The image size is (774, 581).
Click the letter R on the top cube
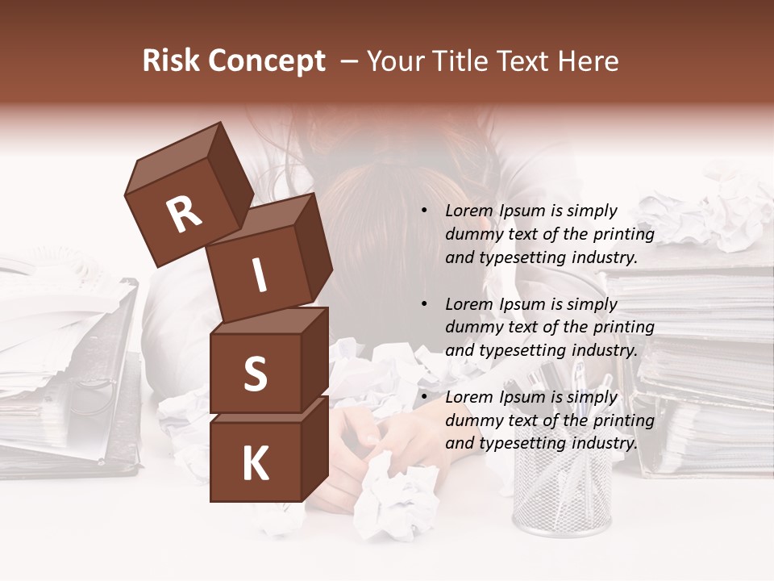(184, 215)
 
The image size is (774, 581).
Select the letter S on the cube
(255, 374)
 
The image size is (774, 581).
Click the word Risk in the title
(171, 61)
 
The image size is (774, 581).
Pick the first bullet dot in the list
(424, 211)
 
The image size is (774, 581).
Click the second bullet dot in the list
(424, 304)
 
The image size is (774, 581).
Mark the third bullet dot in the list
(424, 397)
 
